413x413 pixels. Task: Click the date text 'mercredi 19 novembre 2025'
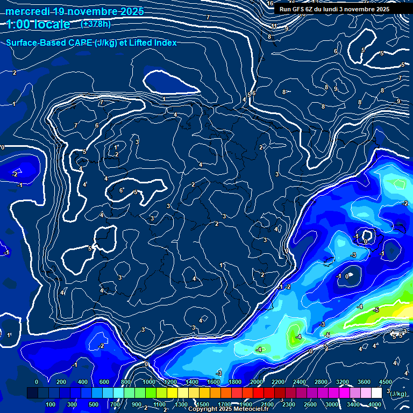coord(75,11)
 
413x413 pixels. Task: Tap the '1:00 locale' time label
coord(39,24)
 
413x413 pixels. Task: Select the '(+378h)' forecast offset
coord(96,24)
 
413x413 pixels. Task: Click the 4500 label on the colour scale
coord(386,382)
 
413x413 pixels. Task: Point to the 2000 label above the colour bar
coord(257,382)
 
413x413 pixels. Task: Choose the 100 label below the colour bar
coord(51,404)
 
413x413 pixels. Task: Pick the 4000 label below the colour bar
coord(375,404)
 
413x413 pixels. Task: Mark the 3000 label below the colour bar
coord(332,404)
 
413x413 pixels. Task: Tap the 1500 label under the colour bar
coord(202,404)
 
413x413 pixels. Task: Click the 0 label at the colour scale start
coord(37,382)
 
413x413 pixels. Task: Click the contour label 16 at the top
coord(270,3)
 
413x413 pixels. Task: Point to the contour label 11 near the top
coord(274,26)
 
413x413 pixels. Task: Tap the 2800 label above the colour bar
coord(322,382)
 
